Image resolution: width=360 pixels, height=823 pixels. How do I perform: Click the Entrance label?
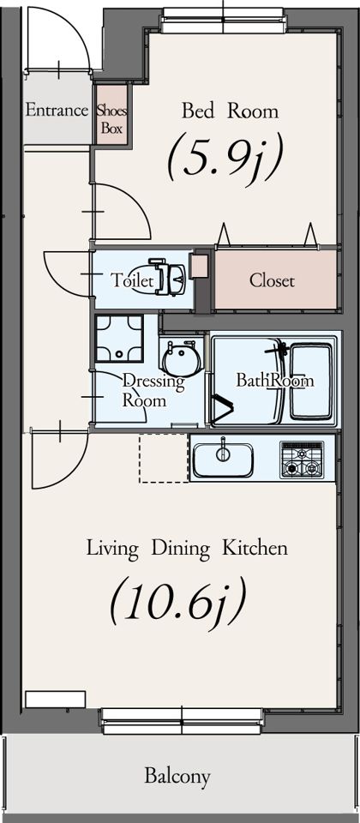(x=57, y=111)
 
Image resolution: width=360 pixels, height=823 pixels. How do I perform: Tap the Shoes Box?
(x=111, y=114)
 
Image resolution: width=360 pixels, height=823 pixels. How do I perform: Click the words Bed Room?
(x=230, y=111)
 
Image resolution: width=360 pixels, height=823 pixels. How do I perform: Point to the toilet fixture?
(x=167, y=277)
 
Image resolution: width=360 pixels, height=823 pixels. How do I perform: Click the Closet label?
(x=272, y=281)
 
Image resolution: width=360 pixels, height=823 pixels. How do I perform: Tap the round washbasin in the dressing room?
(x=182, y=358)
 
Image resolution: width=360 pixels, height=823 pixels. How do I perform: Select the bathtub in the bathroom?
(x=311, y=380)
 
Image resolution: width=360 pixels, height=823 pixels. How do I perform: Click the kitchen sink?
(x=223, y=460)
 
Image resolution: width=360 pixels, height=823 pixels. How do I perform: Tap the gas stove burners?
(x=302, y=460)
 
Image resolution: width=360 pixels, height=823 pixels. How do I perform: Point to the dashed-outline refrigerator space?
(x=163, y=458)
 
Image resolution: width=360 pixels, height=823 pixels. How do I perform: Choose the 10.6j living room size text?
(x=178, y=599)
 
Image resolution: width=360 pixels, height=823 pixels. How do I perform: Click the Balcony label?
(x=177, y=775)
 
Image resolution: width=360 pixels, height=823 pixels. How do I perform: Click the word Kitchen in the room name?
(x=255, y=549)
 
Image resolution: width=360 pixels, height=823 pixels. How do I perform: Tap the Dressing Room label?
(x=153, y=391)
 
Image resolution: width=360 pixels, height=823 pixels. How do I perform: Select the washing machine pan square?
(x=119, y=338)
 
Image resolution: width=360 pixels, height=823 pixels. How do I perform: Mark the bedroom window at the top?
(x=224, y=20)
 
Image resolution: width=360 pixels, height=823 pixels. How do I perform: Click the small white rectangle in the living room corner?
(x=55, y=700)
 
